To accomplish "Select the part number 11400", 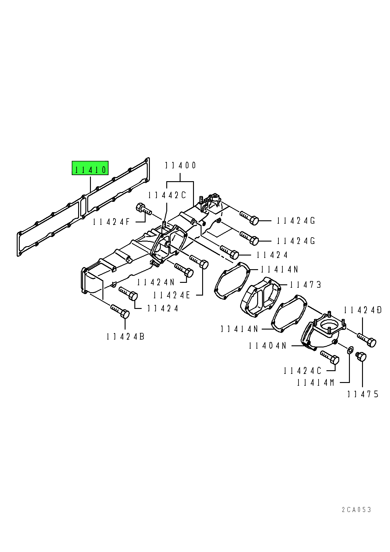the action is pos(181,165).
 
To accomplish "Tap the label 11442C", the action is pos(167,195).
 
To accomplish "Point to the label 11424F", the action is pos(111,222).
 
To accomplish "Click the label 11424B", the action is pos(125,337).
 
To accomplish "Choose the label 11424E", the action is pos(171,295).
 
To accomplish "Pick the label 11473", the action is pos(305,285).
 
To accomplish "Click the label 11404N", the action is pos(267,346).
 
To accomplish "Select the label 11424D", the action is pos(363,310).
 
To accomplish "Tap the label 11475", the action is pos(363,394).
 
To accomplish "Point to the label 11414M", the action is pos(316,383).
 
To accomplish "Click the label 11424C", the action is pos(302,371).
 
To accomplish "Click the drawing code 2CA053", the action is pos(357,510).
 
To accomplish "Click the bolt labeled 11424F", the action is pos(144,209).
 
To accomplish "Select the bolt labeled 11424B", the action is pos(120,311).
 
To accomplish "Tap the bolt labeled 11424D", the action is pos(367,340).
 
